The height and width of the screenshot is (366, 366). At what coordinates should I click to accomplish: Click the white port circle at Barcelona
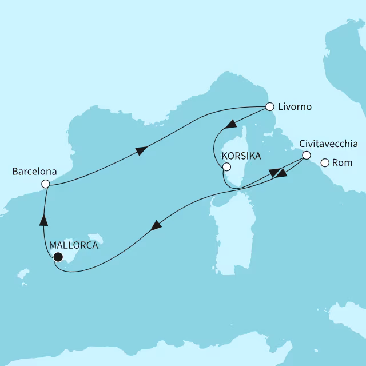coord(46,184)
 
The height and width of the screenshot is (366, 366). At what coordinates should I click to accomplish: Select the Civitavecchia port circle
coord(307,156)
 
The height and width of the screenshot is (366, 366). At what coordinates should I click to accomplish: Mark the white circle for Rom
coord(325,164)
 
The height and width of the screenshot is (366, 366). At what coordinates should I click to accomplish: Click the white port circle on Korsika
coord(226,168)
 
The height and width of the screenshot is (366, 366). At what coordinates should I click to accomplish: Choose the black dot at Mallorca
coord(57,257)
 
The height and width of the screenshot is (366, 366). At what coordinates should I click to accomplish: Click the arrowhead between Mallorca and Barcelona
coord(43,218)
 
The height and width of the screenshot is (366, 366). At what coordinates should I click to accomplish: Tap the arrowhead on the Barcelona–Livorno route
coord(141,150)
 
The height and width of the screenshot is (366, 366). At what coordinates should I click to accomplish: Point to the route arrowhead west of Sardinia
coord(155,226)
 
